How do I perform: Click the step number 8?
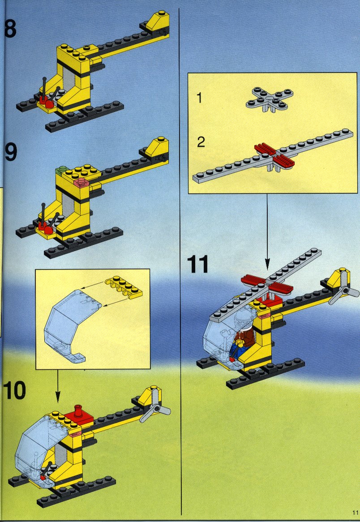coord(10,29)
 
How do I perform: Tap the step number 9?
coord(11,152)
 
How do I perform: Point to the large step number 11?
coord(197,264)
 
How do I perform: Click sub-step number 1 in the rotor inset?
coord(199,98)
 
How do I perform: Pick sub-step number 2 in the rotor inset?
coord(201,142)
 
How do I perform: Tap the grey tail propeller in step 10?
coord(155,406)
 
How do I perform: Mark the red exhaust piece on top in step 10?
coord(79,413)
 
